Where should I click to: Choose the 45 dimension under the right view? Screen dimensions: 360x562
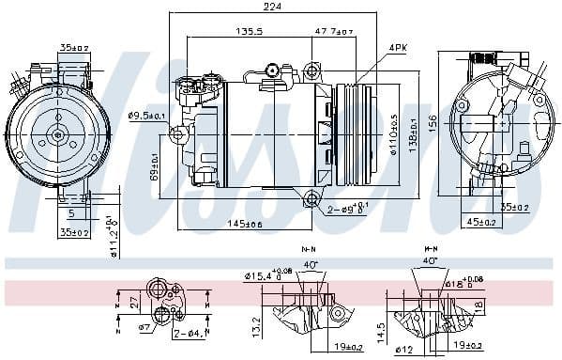(x=481, y=223)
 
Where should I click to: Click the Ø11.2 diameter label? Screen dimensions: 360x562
(x=112, y=235)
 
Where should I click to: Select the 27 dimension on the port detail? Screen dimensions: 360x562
(x=133, y=304)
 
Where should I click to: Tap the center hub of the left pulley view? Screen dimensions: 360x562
(x=57, y=134)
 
